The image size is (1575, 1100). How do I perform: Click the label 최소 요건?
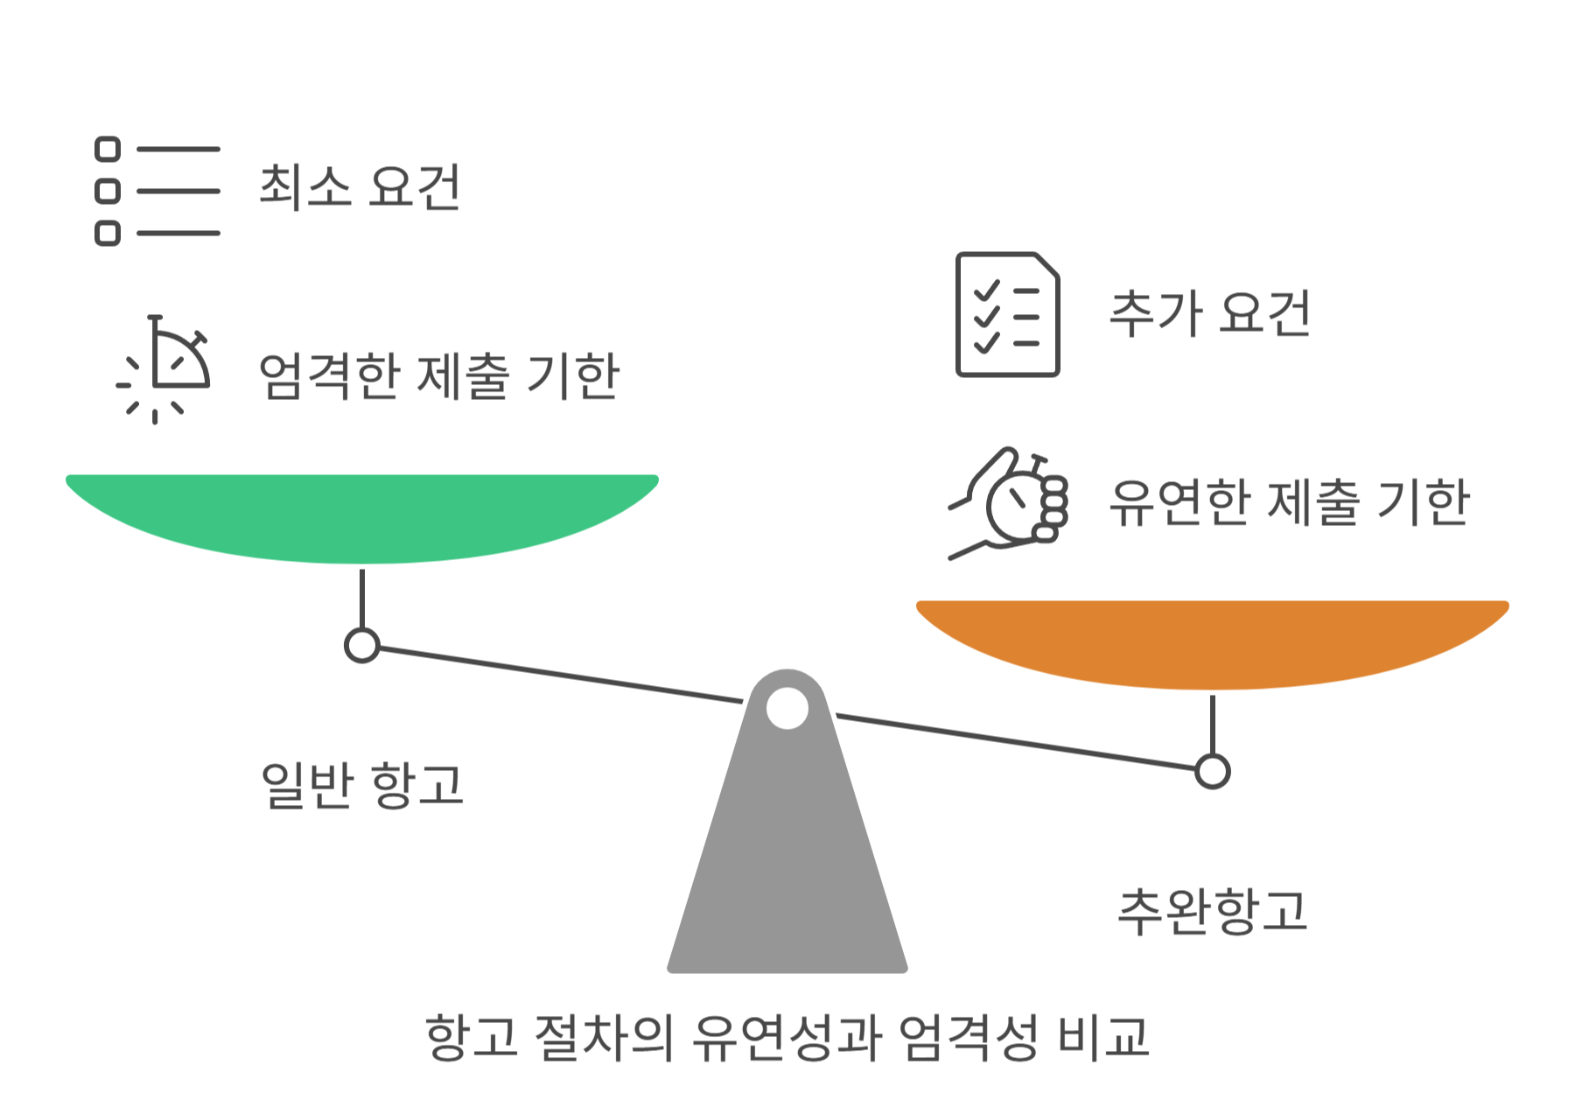point(360,186)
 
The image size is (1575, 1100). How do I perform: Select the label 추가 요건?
point(1210,313)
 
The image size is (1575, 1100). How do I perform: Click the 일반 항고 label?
point(362,784)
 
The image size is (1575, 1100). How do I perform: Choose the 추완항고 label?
point(1213,911)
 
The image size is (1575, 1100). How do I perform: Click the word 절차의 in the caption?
point(604,1038)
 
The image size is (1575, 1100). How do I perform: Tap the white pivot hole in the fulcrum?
point(787,708)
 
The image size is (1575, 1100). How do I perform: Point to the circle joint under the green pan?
point(362,646)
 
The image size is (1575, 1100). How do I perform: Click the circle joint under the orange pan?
point(1213,772)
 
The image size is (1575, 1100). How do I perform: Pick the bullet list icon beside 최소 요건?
point(157,191)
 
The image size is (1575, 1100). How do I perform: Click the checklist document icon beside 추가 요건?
point(1008,314)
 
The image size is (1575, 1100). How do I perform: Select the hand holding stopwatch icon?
point(1011,502)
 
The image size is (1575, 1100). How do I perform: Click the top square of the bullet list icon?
point(108,150)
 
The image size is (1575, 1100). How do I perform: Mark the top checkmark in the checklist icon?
point(987,291)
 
